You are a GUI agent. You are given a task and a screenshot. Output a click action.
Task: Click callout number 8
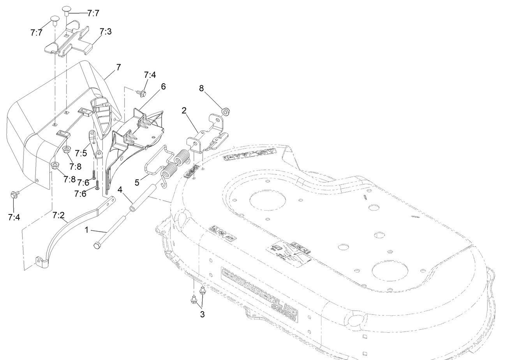pos(201,88)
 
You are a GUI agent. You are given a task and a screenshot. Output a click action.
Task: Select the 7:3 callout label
pos(106,32)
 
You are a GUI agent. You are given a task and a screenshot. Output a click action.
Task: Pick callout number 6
pos(163,86)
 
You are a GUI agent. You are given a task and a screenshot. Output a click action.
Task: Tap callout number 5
pos(137,181)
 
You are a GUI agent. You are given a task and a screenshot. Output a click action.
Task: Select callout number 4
pos(120,190)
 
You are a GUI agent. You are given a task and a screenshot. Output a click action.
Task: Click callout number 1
pos(87,230)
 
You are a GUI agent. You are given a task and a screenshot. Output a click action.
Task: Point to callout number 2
pos(183,110)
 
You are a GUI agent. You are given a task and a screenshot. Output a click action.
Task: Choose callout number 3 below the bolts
pos(202,314)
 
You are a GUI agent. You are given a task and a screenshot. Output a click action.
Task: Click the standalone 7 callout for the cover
pos(118,67)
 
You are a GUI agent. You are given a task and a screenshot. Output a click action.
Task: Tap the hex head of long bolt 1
pos(97,246)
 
